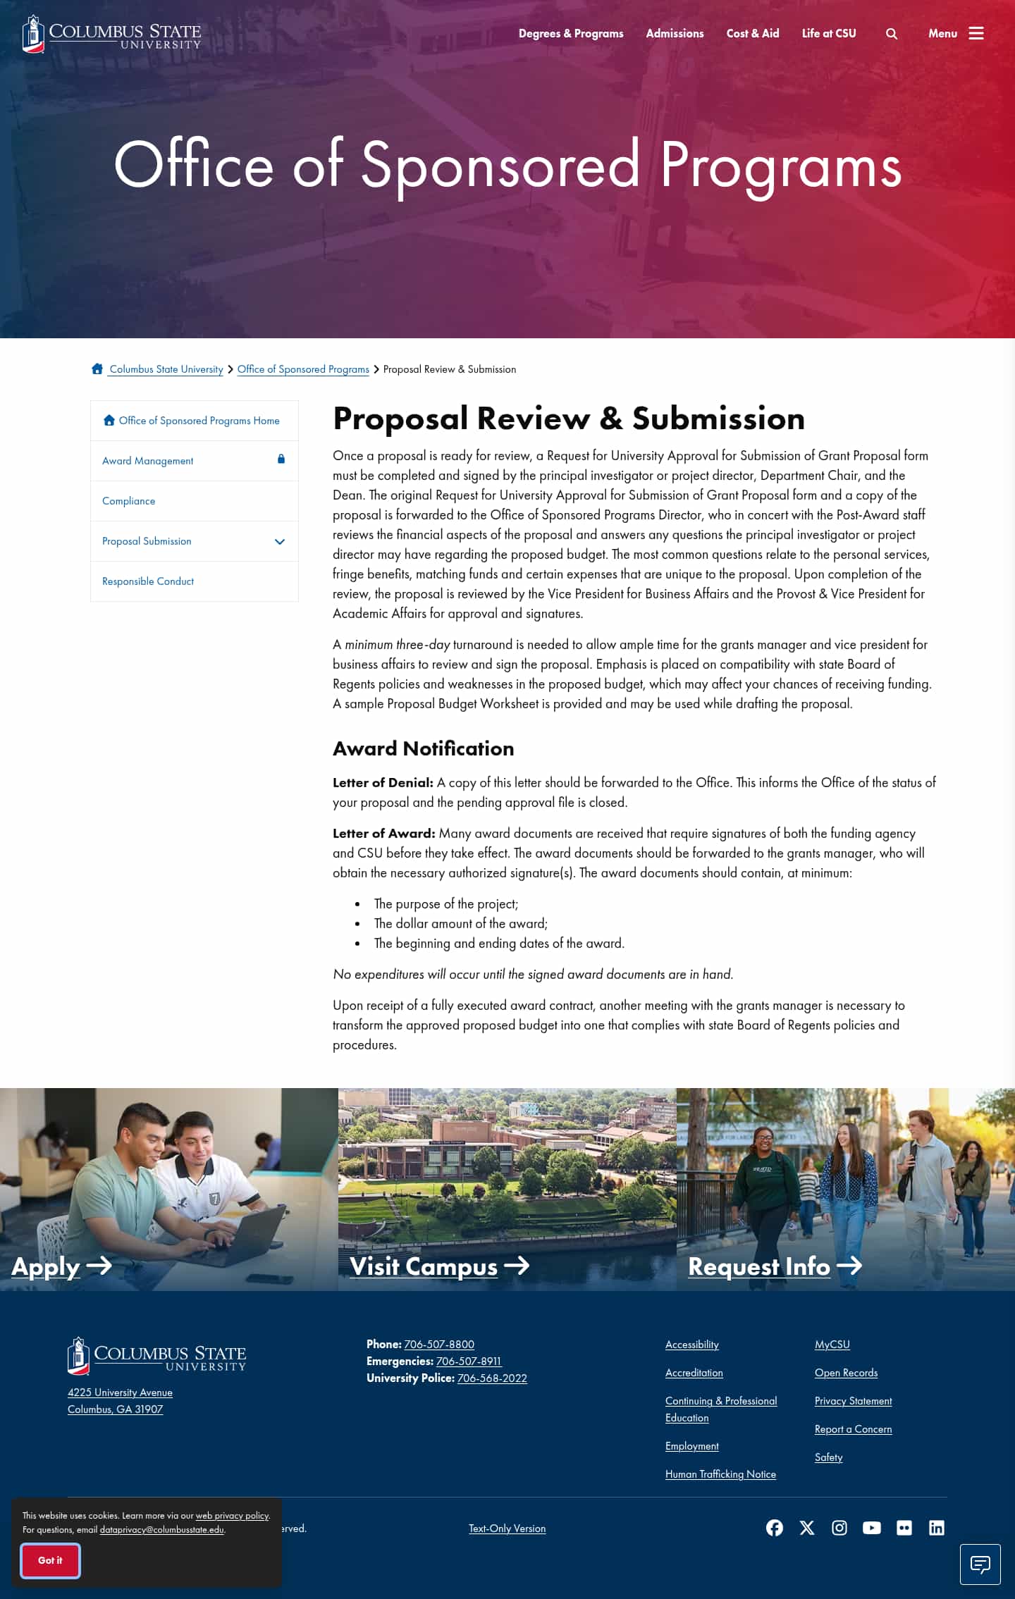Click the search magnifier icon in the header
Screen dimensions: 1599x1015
tap(892, 34)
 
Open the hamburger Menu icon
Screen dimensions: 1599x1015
tap(976, 33)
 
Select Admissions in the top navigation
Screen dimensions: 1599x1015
tap(675, 33)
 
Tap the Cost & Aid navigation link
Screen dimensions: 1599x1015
tap(753, 33)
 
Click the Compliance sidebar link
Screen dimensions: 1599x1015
tap(128, 501)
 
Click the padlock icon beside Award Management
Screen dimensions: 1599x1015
tap(281, 459)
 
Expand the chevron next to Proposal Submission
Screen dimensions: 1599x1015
tap(280, 542)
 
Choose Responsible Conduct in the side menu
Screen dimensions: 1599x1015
tap(148, 581)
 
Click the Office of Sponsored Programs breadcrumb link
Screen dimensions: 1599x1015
tap(303, 369)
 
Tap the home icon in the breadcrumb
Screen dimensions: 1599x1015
tap(97, 369)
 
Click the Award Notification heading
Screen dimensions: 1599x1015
tap(423, 748)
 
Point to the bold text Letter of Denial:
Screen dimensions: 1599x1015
tap(383, 783)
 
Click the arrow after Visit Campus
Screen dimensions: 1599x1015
tap(517, 1266)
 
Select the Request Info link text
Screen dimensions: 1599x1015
tap(759, 1266)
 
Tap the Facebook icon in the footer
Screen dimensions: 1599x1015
tap(775, 1528)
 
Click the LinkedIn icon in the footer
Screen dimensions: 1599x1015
tap(937, 1528)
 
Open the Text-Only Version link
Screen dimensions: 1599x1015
tap(507, 1529)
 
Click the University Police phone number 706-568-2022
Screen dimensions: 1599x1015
tap(492, 1378)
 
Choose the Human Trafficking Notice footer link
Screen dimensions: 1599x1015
tap(720, 1474)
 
